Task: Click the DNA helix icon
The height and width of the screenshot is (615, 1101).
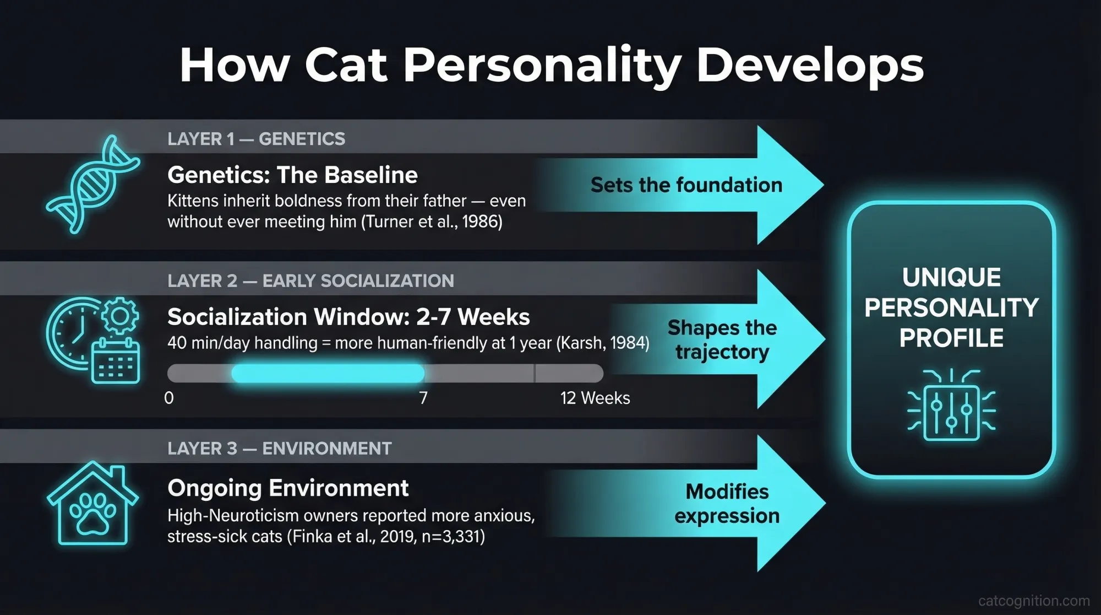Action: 93,185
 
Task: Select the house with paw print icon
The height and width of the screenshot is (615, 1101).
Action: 93,504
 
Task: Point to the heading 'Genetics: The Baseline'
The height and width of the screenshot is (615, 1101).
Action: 292,175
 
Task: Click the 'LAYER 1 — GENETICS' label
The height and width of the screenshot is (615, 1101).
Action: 256,139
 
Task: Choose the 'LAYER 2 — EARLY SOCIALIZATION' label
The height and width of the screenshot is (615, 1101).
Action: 310,281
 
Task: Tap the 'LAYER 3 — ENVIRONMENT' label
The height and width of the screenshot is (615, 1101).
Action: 279,449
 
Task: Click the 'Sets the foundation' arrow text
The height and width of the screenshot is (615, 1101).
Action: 686,185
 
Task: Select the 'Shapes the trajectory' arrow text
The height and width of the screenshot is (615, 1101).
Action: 722,339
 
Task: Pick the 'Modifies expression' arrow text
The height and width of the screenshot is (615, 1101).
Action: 727,504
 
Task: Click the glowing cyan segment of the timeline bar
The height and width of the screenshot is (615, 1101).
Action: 328,374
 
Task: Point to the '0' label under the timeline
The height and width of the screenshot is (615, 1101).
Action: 169,398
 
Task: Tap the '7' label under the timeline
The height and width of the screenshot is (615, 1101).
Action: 423,398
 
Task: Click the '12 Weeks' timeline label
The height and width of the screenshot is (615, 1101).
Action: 595,398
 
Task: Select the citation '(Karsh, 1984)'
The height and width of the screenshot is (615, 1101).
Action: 603,343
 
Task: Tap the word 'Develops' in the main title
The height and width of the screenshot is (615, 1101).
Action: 810,66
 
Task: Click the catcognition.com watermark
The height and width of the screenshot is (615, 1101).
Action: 1034,600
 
